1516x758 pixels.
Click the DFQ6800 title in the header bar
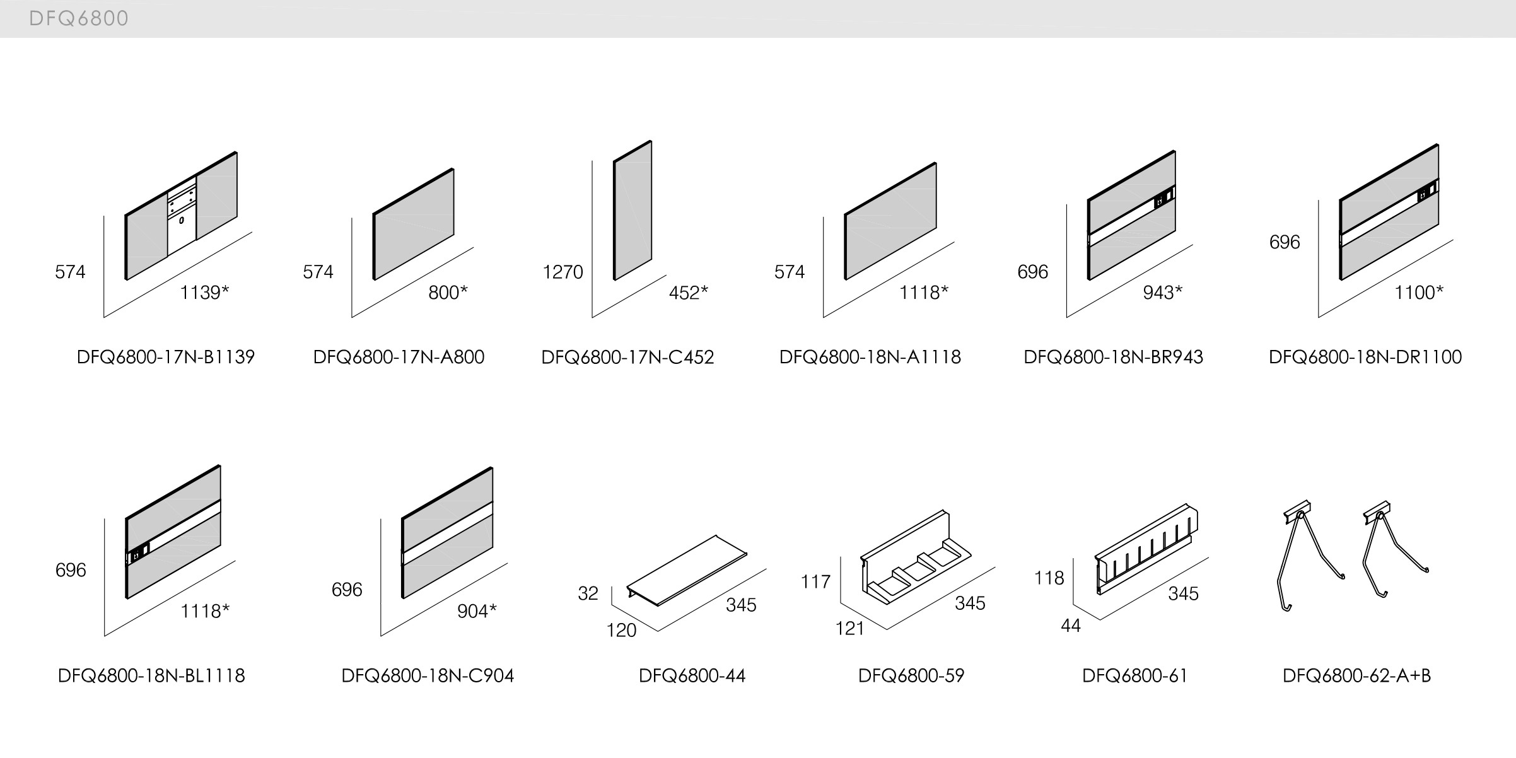[x=79, y=19]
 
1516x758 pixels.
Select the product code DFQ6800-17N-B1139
[x=166, y=358]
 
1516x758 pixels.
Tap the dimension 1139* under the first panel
[x=204, y=293]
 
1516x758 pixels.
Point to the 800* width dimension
[x=448, y=293]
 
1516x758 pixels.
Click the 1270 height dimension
[x=563, y=272]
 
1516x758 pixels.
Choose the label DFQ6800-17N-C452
[x=627, y=358]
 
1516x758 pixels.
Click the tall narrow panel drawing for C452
[x=633, y=210]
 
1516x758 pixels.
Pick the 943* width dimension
[x=1162, y=293]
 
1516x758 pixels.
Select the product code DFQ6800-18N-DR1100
[x=1365, y=358]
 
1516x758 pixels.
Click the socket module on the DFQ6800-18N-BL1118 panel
[x=138, y=555]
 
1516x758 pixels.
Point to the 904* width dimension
[x=477, y=611]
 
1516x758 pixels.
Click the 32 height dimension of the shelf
[x=588, y=594]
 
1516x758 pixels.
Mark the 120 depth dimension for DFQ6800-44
[x=621, y=631]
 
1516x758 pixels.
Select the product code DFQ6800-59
[x=911, y=676]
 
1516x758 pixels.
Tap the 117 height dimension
[x=815, y=581]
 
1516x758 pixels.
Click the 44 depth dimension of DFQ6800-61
[x=1071, y=626]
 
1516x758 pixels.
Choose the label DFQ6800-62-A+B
[x=1356, y=676]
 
